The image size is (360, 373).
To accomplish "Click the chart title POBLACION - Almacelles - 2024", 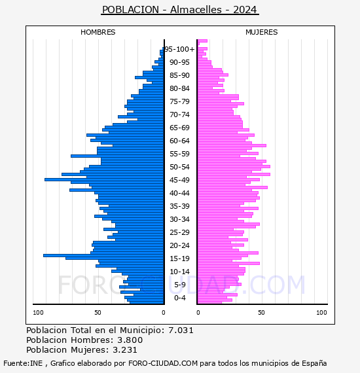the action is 180,10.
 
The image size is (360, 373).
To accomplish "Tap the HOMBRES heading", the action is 98,32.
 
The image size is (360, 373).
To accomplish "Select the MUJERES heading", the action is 262,32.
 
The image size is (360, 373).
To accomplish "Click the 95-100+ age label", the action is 179,49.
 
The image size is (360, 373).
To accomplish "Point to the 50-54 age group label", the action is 179,167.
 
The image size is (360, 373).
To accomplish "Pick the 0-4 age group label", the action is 179,298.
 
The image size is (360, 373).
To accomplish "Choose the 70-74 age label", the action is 179,115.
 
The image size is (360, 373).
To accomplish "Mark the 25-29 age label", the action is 179,232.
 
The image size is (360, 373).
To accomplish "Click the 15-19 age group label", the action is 179,258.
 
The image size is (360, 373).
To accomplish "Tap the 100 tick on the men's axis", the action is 38,313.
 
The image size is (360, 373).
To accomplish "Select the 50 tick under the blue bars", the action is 98,313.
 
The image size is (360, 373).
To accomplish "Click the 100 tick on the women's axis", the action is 321,313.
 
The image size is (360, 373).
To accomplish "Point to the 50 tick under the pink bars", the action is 261,313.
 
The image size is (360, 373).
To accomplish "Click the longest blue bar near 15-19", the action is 103,255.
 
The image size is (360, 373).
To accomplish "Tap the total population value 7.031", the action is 181,330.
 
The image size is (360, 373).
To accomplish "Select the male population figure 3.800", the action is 130,340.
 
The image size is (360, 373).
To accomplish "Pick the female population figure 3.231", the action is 125,349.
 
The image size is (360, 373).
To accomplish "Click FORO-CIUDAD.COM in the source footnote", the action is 163,363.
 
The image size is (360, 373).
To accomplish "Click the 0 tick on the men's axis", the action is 163,313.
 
